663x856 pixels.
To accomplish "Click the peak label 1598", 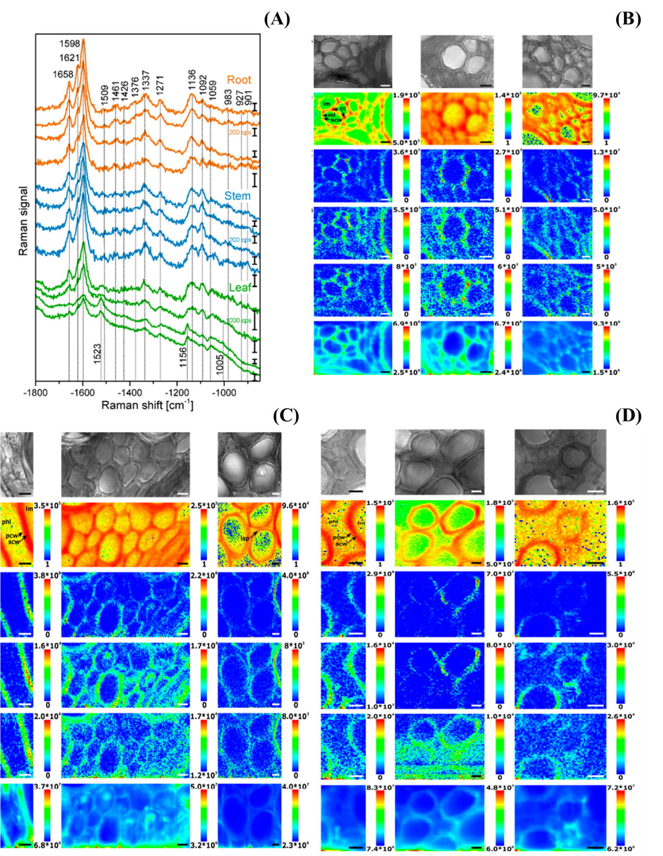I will pyautogui.click(x=69, y=44).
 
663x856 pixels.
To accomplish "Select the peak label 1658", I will pyautogui.click(x=63, y=75).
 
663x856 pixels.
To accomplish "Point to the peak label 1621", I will pyautogui.click(x=69, y=57).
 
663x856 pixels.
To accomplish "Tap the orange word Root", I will pyautogui.click(x=239, y=80).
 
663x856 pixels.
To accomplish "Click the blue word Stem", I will pyautogui.click(x=237, y=196).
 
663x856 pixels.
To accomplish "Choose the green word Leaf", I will pyautogui.click(x=240, y=287).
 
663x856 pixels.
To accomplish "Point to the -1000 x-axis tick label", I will pyautogui.click(x=224, y=393).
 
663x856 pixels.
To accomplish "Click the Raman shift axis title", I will pyautogui.click(x=147, y=405).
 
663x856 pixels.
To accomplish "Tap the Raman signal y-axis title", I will pyautogui.click(x=23, y=221).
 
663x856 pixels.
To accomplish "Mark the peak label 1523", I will pyautogui.click(x=98, y=353).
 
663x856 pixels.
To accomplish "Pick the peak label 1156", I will pyautogui.click(x=183, y=354).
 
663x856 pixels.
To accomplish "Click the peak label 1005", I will pyautogui.click(x=220, y=364).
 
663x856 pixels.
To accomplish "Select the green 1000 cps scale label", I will pyautogui.click(x=239, y=321).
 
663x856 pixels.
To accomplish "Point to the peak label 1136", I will pyautogui.click(x=192, y=82).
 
